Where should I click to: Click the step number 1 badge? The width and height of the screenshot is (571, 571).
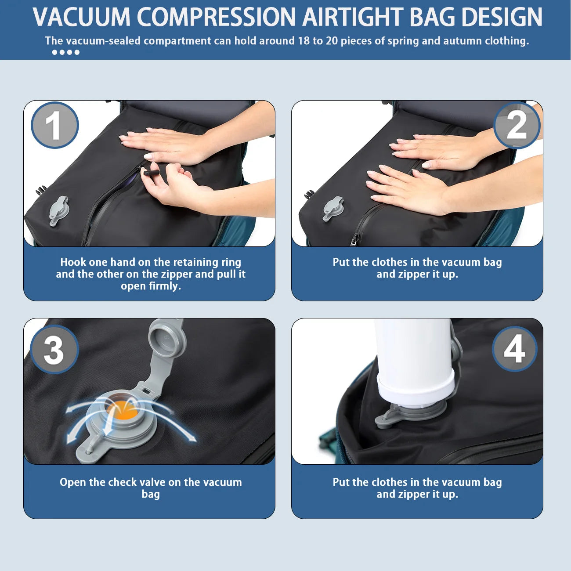click(x=54, y=125)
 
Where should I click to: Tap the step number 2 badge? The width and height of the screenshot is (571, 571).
click(x=517, y=125)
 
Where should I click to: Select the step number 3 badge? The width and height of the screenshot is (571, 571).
click(x=54, y=350)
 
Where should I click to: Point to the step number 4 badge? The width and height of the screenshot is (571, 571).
click(x=514, y=349)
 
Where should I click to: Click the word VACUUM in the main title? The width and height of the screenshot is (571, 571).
click(x=81, y=17)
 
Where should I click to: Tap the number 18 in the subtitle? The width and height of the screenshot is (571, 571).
click(x=304, y=41)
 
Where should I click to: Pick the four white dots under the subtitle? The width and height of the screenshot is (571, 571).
click(x=65, y=52)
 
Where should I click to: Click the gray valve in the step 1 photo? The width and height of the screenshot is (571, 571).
click(x=58, y=210)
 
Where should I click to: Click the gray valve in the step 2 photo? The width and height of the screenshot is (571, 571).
click(x=332, y=208)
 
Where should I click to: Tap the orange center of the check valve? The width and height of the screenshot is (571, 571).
click(x=122, y=411)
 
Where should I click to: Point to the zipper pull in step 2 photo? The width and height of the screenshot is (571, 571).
click(x=354, y=239)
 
